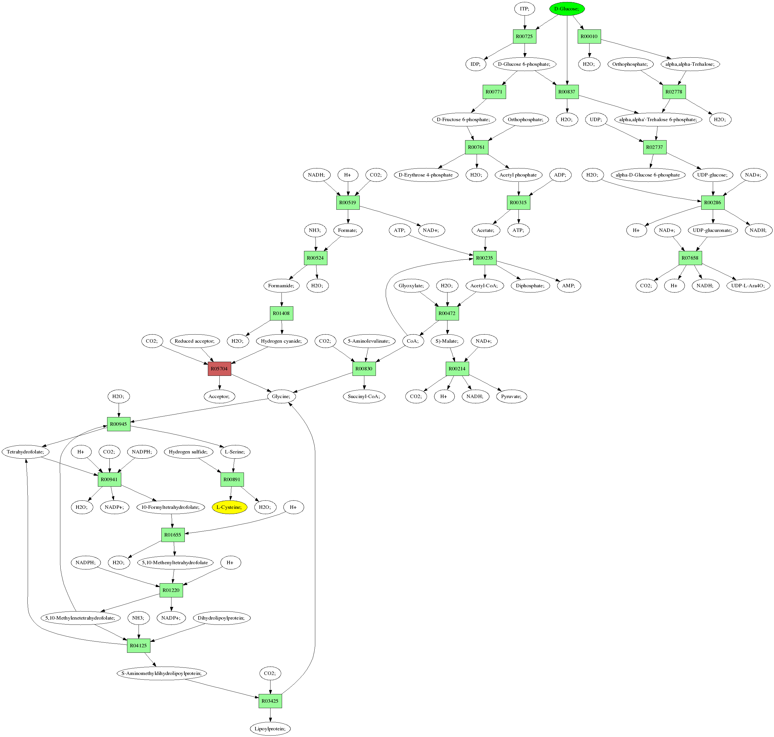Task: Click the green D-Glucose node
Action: (x=566, y=9)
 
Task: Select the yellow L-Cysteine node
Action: (x=229, y=507)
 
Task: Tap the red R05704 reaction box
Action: (x=219, y=369)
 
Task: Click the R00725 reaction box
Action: (x=524, y=37)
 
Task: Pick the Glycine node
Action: (x=281, y=396)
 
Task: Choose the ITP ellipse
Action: (x=524, y=9)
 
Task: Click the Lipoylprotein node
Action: (x=270, y=729)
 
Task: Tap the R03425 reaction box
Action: (x=270, y=701)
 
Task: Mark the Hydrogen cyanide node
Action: (x=281, y=341)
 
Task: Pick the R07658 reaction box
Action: (x=690, y=258)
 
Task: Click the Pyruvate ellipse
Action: (x=511, y=396)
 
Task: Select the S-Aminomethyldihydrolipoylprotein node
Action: (x=162, y=673)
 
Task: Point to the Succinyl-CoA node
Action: (x=364, y=396)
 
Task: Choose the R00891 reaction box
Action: (x=232, y=479)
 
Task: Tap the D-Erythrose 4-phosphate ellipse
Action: (x=426, y=175)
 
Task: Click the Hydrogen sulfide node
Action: (x=188, y=452)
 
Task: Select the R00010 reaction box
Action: (x=589, y=37)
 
